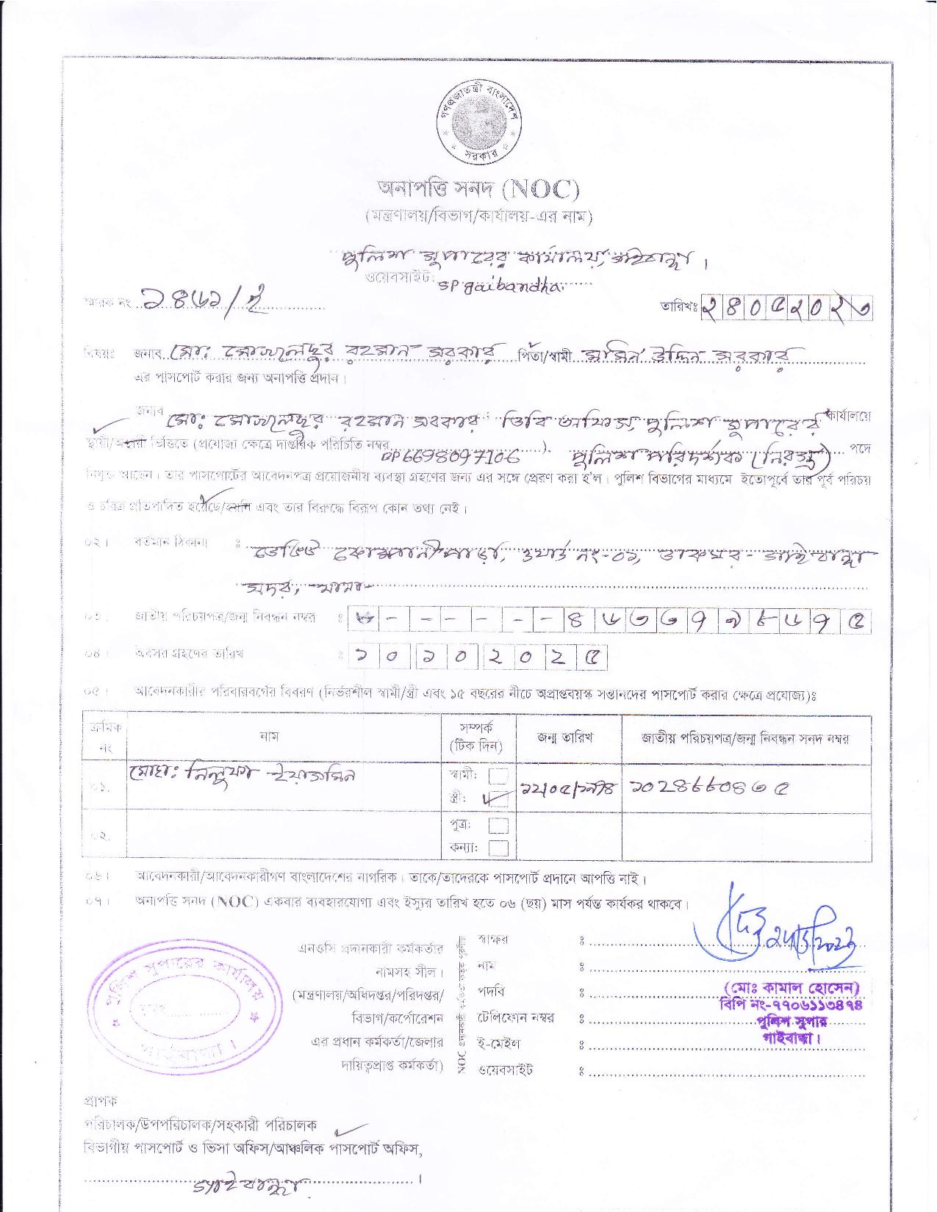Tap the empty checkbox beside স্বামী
pos(498,776)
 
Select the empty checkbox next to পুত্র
pos(498,824)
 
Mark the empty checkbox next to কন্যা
pos(498,848)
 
